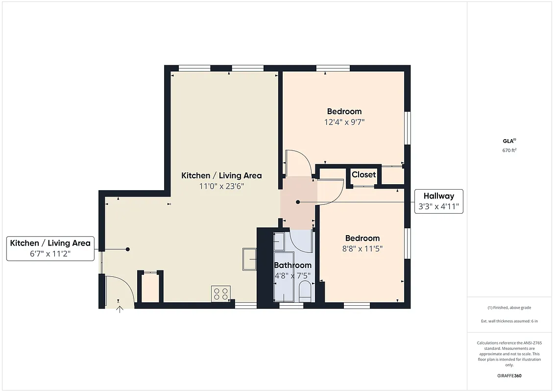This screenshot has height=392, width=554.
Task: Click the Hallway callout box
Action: (439, 201)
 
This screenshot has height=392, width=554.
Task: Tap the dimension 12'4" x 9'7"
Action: (344, 122)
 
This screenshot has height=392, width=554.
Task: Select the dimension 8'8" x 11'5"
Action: (361, 248)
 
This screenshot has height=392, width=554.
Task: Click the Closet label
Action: (363, 174)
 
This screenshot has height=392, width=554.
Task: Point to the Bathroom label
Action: (292, 265)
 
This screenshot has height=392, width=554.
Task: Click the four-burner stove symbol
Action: (221, 294)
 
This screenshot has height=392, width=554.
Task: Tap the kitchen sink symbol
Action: (249, 259)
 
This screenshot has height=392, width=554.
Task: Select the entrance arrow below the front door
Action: (119, 309)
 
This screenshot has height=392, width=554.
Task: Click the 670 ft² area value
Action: (509, 150)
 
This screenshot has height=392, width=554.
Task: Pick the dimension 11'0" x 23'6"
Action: (221, 186)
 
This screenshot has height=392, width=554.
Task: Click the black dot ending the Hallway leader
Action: (298, 202)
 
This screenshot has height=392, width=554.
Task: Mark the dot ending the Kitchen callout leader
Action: (128, 249)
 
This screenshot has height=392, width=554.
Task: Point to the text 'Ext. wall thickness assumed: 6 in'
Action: (509, 321)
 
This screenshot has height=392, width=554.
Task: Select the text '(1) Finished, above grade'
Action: (509, 308)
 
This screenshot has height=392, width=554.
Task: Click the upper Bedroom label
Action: (344, 112)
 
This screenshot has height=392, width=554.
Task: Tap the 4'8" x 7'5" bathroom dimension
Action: (292, 275)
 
